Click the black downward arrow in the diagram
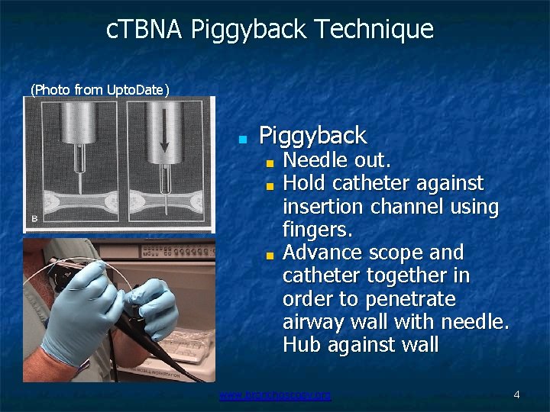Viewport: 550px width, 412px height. pos(163,138)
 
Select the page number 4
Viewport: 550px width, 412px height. pos(517,395)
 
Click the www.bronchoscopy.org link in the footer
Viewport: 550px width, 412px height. pos(275,395)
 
